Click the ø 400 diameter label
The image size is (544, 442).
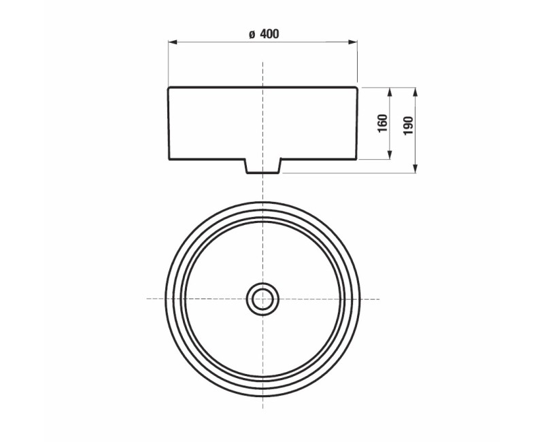click(264, 34)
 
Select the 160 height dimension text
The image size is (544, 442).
click(382, 123)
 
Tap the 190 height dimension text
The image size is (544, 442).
click(409, 126)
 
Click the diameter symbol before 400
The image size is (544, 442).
click(252, 35)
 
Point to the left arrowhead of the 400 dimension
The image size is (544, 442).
click(173, 42)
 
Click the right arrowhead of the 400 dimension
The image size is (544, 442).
click(353, 42)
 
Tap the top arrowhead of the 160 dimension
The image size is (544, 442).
click(390, 92)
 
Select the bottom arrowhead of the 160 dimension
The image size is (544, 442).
click(390, 155)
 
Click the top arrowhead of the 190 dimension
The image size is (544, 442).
click(415, 92)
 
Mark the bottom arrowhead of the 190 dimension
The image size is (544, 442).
click(415, 168)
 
